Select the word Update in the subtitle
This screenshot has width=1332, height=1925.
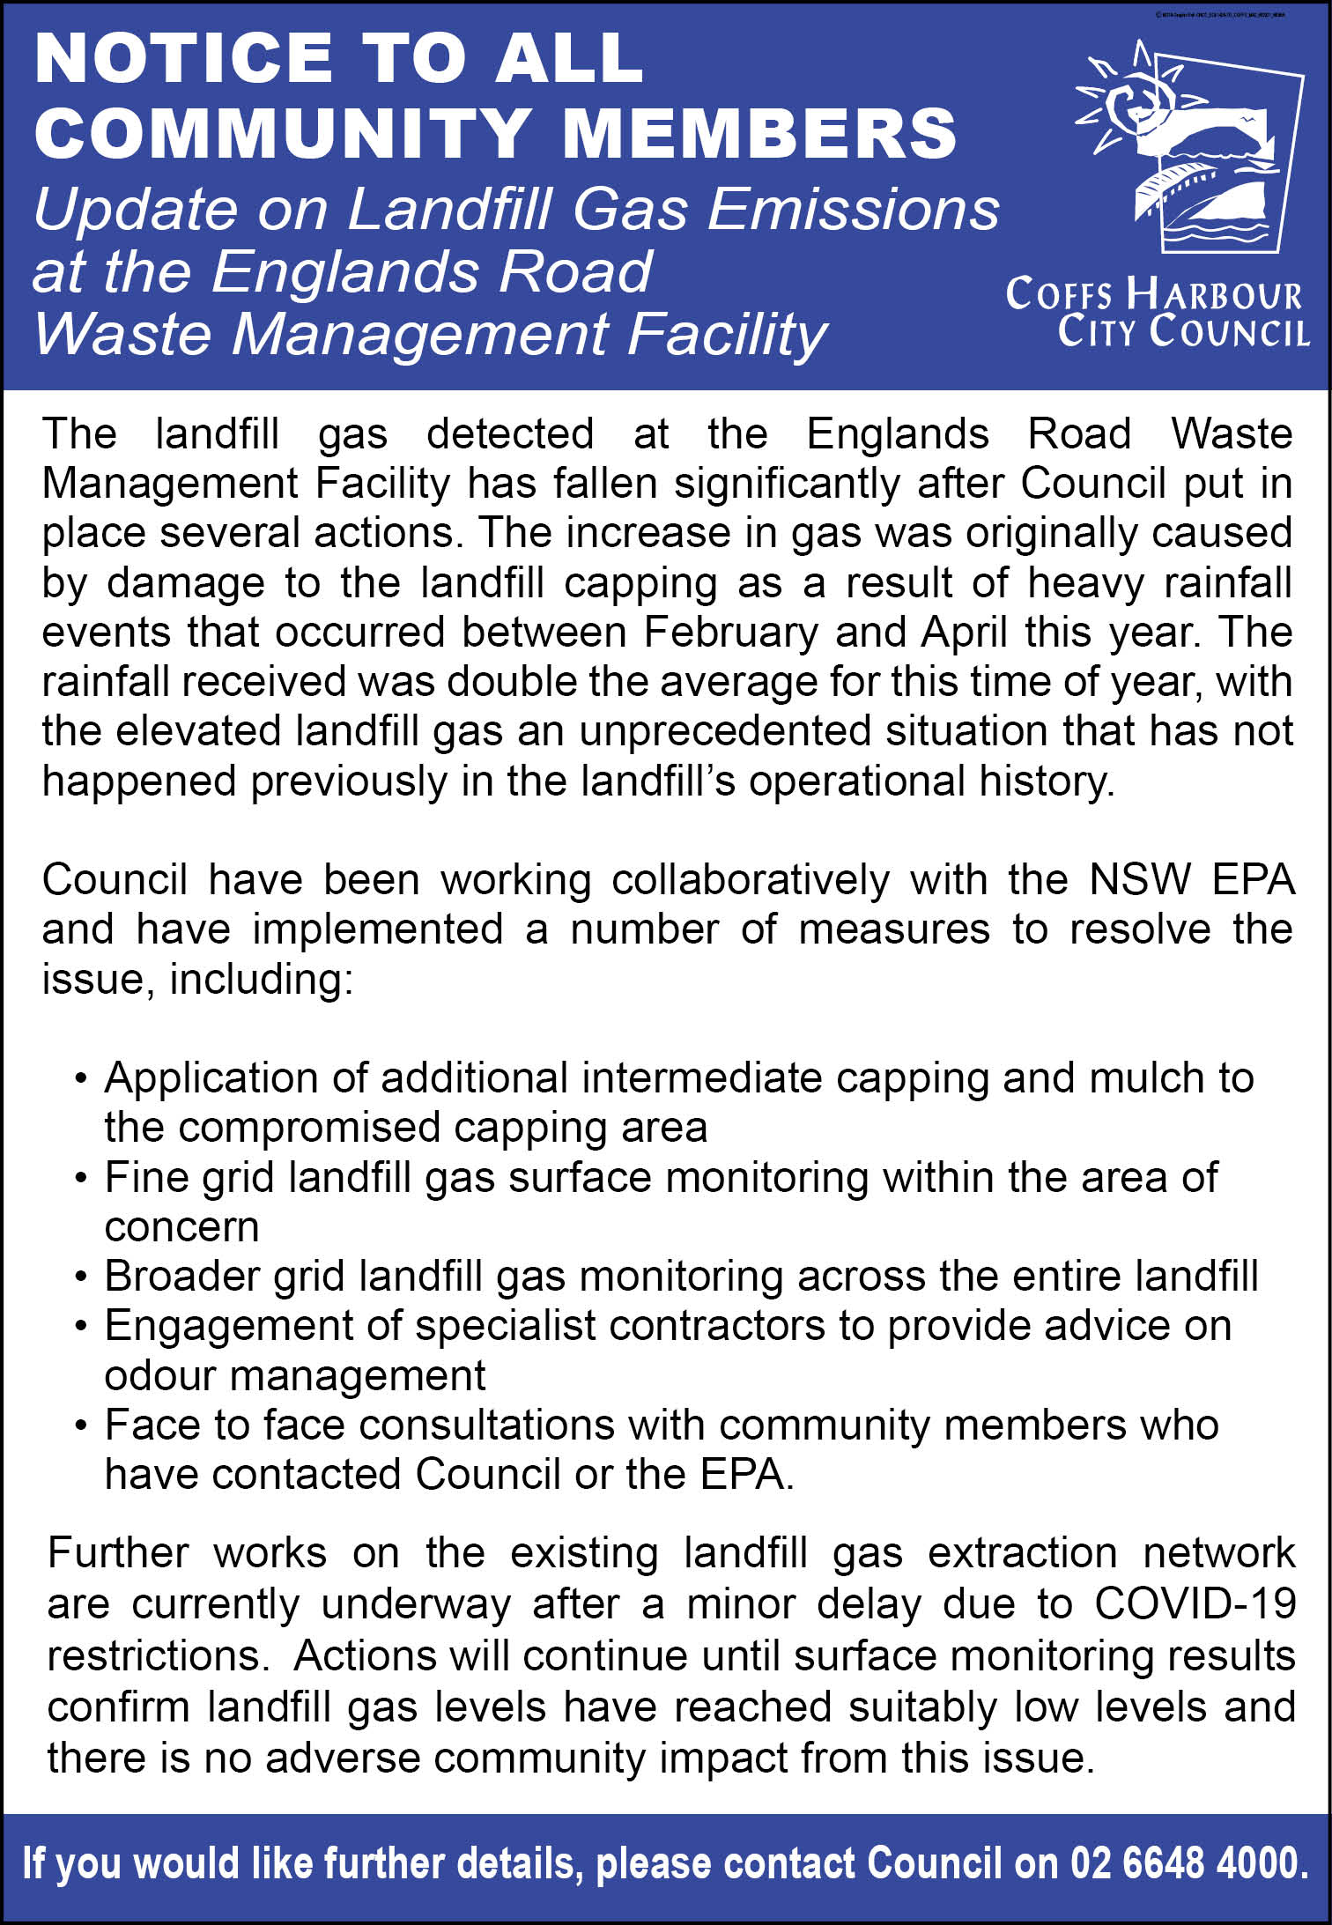coord(136,211)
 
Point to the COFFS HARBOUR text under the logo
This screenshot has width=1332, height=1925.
coord(1153,294)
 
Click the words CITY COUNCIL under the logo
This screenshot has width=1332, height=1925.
coord(1183,331)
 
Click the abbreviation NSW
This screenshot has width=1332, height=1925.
coord(1140,880)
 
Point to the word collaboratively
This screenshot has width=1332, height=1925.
coord(751,880)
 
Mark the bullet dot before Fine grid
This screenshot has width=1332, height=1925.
coord(81,1179)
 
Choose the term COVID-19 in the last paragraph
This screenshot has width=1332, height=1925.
coord(1195,1603)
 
